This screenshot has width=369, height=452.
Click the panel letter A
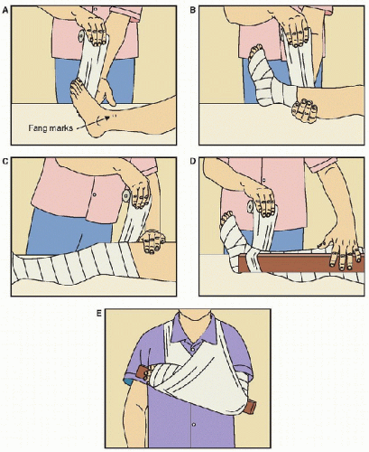pos(5,11)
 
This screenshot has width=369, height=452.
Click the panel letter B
pos(193,11)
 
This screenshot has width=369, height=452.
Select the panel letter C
pos(5,161)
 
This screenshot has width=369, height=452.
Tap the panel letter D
pos(193,161)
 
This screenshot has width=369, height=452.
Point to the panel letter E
pos(99,314)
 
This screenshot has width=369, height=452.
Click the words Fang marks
pos(51,127)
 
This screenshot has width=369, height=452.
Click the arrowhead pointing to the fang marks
pos(106,118)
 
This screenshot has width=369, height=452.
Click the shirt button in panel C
pos(95,195)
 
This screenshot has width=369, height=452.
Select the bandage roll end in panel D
pos(250,207)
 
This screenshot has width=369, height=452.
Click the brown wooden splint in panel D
pos(300,263)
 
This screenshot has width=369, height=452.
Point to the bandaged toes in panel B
pos(255,49)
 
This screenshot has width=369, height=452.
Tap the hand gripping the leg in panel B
pos(304,110)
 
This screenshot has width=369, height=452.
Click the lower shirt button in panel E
pos(193,424)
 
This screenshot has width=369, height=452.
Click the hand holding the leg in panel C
pos(152,242)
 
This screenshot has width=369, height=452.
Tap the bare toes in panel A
pos(78,84)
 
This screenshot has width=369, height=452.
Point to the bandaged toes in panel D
pos(227,216)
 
